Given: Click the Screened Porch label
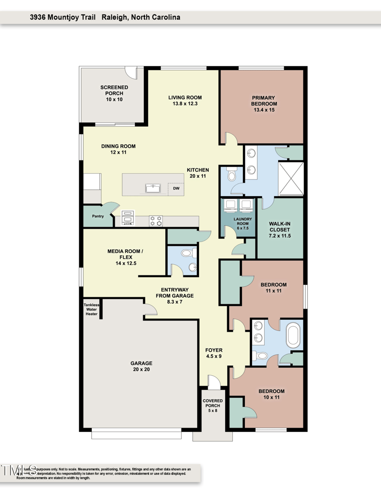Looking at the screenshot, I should click(114, 93).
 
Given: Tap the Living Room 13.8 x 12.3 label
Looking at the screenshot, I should click(182, 101).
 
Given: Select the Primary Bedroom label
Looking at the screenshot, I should click(264, 104).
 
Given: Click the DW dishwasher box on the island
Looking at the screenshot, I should click(176, 188).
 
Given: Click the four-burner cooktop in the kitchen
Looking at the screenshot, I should click(156, 221).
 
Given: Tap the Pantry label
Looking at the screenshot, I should click(98, 216).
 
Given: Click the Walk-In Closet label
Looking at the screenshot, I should click(280, 229).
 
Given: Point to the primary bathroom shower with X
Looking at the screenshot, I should click(291, 179).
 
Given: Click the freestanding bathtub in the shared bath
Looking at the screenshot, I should click(293, 336).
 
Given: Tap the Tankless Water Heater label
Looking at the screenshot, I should click(91, 310).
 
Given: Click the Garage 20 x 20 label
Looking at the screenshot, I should click(141, 366).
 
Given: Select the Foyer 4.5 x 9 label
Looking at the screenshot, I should click(213, 353).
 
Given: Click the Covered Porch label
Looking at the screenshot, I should click(212, 405).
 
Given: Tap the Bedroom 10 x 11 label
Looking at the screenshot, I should click(271, 394).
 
